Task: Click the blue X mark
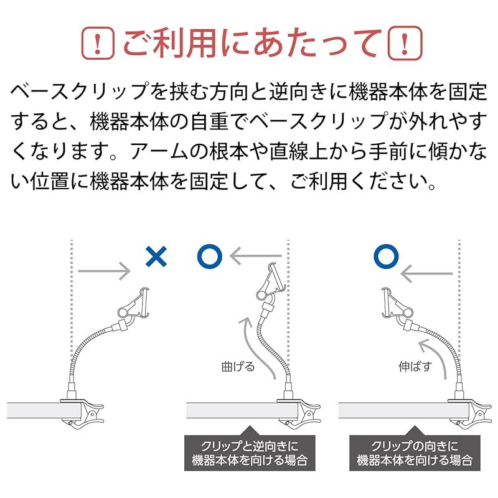[156, 256]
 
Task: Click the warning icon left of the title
[98, 43]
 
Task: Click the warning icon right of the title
[405, 43]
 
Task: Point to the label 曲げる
[238, 367]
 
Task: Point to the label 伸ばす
[415, 367]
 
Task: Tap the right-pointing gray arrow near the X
[104, 271]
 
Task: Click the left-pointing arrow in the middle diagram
[256, 256]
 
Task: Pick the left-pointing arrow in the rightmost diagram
[426, 273]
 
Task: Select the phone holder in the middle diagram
[271, 282]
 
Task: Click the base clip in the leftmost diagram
[83, 411]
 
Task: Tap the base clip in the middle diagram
[299, 412]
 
